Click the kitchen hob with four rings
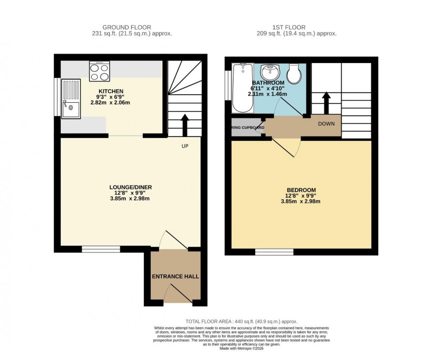click(x=99, y=71)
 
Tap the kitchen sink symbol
click(x=71, y=99)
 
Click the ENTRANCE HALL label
click(x=175, y=277)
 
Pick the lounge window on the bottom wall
click(x=101, y=249)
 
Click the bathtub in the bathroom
click(x=242, y=87)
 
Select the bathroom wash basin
click(x=268, y=73)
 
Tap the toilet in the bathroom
click(x=294, y=74)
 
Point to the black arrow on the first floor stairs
click(x=326, y=102)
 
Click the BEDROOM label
click(x=300, y=191)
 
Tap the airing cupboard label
click(x=248, y=128)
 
